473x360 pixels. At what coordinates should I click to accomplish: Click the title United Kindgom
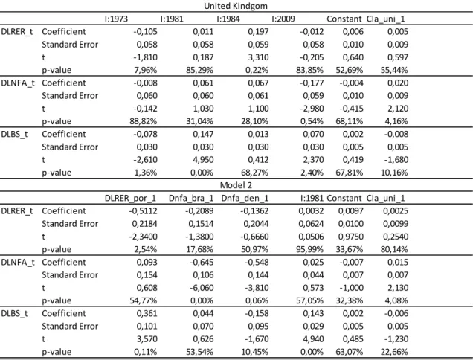pos(236,6)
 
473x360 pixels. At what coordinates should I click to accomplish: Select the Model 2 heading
pos(236,185)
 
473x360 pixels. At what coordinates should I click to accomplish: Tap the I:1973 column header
pos(116,19)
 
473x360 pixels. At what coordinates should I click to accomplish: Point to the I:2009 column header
pos(283,19)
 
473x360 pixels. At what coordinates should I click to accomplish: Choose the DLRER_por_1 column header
pos(130,199)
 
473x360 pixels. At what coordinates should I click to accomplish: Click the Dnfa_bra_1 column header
pos(191,199)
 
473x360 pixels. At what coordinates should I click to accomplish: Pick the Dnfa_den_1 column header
pos(245,199)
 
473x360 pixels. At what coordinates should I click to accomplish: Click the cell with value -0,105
pos(145,32)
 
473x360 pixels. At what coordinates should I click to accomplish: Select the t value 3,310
pos(258,57)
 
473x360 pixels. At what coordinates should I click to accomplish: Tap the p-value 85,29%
pos(199,70)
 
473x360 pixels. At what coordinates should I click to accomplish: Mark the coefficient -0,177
pos(312,83)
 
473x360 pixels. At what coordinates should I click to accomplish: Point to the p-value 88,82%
pos(144,121)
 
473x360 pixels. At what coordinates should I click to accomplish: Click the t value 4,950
pos(203,160)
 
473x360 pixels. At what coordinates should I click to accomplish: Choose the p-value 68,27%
pos(254,173)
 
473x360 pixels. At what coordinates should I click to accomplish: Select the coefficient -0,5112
pos(143,211)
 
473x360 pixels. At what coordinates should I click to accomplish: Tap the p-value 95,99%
pos(309,250)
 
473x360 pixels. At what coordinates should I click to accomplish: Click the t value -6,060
pos(202,288)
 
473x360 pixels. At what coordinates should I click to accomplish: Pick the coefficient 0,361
pos(147,314)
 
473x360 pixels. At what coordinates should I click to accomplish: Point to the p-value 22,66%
pos(394,352)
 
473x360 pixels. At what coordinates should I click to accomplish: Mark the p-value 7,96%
pos(146,70)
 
